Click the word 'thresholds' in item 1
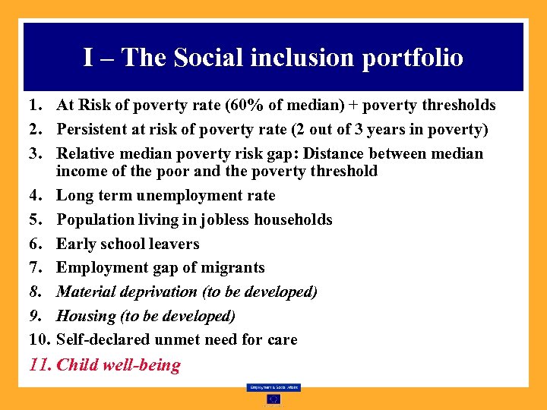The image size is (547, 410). tap(456, 106)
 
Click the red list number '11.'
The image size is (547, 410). tap(40, 365)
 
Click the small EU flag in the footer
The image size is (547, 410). tap(273, 399)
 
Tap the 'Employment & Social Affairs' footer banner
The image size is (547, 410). tap(273, 387)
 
